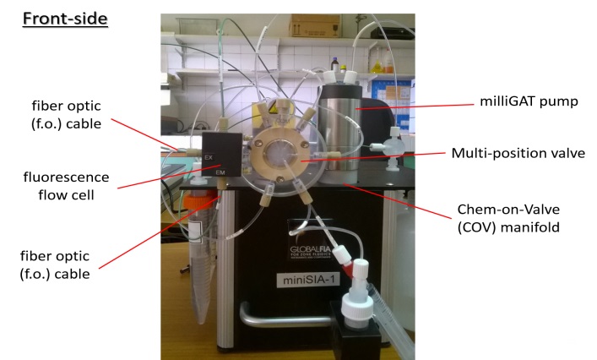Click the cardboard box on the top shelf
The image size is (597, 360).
tap(314, 26)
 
